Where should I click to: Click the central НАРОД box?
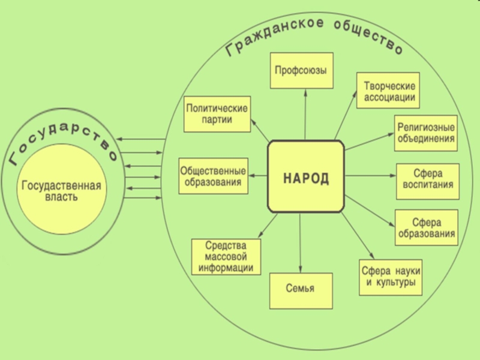[x=306, y=176]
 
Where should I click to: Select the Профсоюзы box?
[x=302, y=71]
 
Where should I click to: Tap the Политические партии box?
[x=217, y=114]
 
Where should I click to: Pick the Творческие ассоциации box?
[x=388, y=91]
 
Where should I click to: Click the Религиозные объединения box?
[x=426, y=133]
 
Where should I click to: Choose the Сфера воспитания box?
[x=428, y=182]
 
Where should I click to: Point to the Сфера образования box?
[x=427, y=227]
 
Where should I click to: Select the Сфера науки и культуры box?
[x=391, y=277]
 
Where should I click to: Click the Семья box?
[x=301, y=291]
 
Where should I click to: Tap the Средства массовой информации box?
[x=226, y=257]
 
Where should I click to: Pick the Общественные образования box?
[x=214, y=176]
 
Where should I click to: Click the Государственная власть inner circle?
[x=62, y=190]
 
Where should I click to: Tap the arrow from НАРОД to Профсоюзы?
[x=305, y=115]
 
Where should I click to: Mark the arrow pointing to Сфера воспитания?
[x=370, y=176]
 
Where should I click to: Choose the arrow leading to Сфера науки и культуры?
[x=358, y=236]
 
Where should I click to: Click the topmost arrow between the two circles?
[x=141, y=139]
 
